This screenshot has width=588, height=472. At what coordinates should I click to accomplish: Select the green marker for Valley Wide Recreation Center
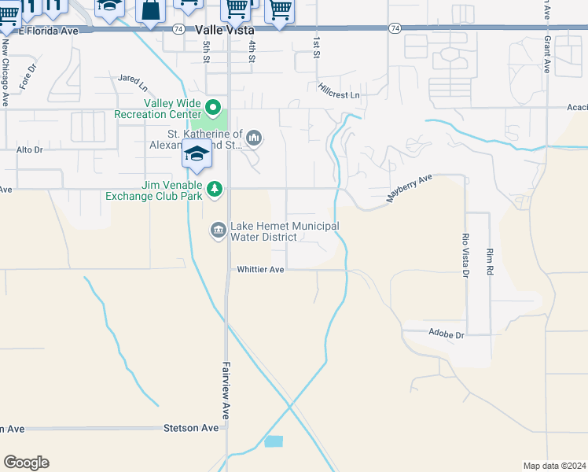point(212,107)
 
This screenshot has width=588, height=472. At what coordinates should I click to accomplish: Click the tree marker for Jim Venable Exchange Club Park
point(215,189)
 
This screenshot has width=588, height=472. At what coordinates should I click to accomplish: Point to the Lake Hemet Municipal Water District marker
point(218,230)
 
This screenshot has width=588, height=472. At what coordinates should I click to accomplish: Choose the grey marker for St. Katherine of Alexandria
point(253,138)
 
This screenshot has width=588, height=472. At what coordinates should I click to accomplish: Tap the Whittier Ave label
point(260,269)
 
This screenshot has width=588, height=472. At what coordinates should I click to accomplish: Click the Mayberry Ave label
point(410,190)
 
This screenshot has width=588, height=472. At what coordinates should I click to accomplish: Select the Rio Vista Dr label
point(465,255)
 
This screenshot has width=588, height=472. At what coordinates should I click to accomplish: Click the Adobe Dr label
point(447,334)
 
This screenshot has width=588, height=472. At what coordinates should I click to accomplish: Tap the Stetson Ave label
point(190,429)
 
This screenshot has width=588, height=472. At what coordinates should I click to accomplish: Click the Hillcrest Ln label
point(339,91)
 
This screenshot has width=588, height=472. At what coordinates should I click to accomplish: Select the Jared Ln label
point(133,79)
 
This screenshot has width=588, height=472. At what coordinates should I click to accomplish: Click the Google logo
point(26,463)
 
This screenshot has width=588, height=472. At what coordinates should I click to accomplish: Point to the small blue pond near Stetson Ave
point(274,441)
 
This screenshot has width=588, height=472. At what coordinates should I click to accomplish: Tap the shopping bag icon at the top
point(149,10)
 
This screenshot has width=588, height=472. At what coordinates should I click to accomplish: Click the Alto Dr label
point(29,149)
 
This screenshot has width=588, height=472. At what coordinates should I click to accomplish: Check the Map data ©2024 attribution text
point(554,466)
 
